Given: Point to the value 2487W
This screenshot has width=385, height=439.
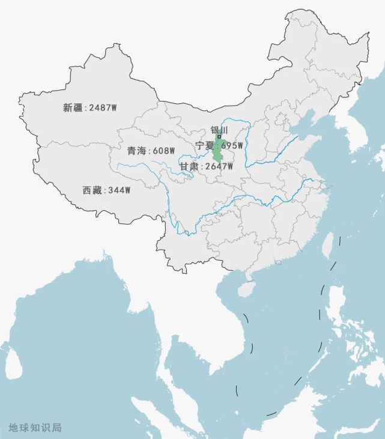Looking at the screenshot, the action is pyautogui.click(x=103, y=107).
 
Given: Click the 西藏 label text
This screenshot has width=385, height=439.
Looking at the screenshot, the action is pyautogui.click(x=92, y=190).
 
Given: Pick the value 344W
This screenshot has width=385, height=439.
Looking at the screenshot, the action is pyautogui.click(x=118, y=190).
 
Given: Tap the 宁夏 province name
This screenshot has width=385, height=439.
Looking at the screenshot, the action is pyautogui.click(x=205, y=145).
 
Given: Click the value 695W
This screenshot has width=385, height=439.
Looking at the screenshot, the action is pyautogui.click(x=232, y=145).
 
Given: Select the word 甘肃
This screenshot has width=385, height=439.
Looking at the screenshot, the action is pyautogui.click(x=189, y=166).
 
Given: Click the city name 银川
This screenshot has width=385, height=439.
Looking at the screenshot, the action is pyautogui.click(x=219, y=130).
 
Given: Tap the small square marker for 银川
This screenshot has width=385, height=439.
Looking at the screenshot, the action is pyautogui.click(x=219, y=137).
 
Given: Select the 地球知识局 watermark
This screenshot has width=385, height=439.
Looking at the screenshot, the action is pyautogui.click(x=35, y=428).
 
